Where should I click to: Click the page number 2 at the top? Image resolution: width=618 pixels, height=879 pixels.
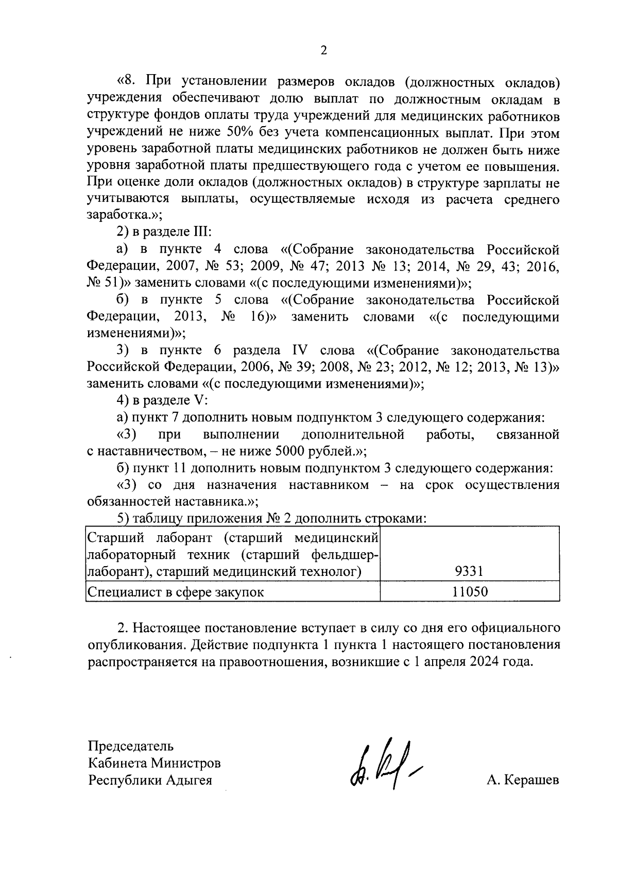(x=323, y=50)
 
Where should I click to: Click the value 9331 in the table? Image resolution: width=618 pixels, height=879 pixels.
(x=469, y=571)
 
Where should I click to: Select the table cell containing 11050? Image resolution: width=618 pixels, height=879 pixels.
(x=469, y=591)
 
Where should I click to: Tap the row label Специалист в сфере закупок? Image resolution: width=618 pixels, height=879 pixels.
(x=176, y=592)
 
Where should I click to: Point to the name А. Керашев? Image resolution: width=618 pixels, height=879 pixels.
(x=522, y=780)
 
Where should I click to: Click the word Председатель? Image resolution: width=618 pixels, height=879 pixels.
(x=131, y=746)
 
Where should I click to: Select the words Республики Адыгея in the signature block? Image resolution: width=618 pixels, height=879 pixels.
(x=150, y=780)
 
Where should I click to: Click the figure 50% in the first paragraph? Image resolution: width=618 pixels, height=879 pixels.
(x=239, y=132)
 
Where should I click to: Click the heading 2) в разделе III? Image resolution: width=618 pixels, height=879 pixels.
(x=162, y=232)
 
